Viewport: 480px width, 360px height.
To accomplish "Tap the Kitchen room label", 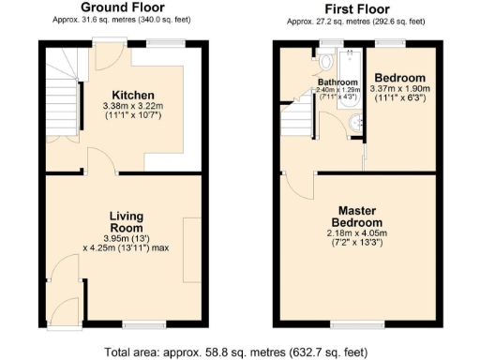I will [133, 96].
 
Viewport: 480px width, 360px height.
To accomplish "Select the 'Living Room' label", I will [125, 221].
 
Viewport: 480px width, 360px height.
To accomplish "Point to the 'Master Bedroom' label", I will [360, 217].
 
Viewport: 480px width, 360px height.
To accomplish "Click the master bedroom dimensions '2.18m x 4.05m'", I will [360, 233].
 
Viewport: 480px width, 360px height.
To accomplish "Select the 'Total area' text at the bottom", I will [240, 352].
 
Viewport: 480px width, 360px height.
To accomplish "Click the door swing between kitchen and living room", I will [101, 161].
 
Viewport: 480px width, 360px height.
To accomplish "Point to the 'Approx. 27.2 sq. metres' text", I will [352, 21].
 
